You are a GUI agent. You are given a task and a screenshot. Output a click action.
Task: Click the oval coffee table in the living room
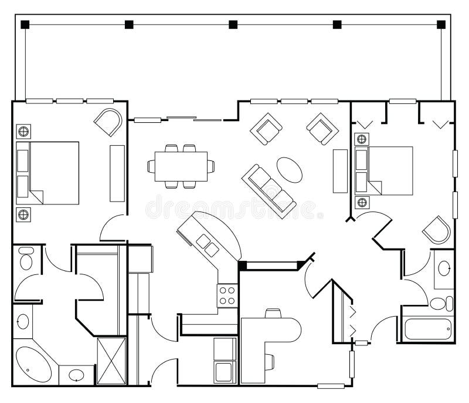(x=290, y=170)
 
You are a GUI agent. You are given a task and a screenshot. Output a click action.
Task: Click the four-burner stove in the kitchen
(x=227, y=295)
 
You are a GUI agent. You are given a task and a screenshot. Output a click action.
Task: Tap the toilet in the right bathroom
(x=440, y=304)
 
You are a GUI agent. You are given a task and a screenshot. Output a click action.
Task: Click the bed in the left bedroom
(x=48, y=173)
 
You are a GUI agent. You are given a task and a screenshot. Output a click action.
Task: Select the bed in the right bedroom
(x=385, y=170)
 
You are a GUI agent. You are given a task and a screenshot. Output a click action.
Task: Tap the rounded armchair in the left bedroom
(x=109, y=122)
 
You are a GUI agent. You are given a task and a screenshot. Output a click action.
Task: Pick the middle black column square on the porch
(x=233, y=25)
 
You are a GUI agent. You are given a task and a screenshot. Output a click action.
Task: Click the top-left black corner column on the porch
(x=25, y=25)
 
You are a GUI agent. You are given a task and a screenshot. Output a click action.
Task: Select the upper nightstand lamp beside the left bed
(x=24, y=130)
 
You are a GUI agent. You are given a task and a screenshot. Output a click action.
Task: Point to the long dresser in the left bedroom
(x=117, y=173)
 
